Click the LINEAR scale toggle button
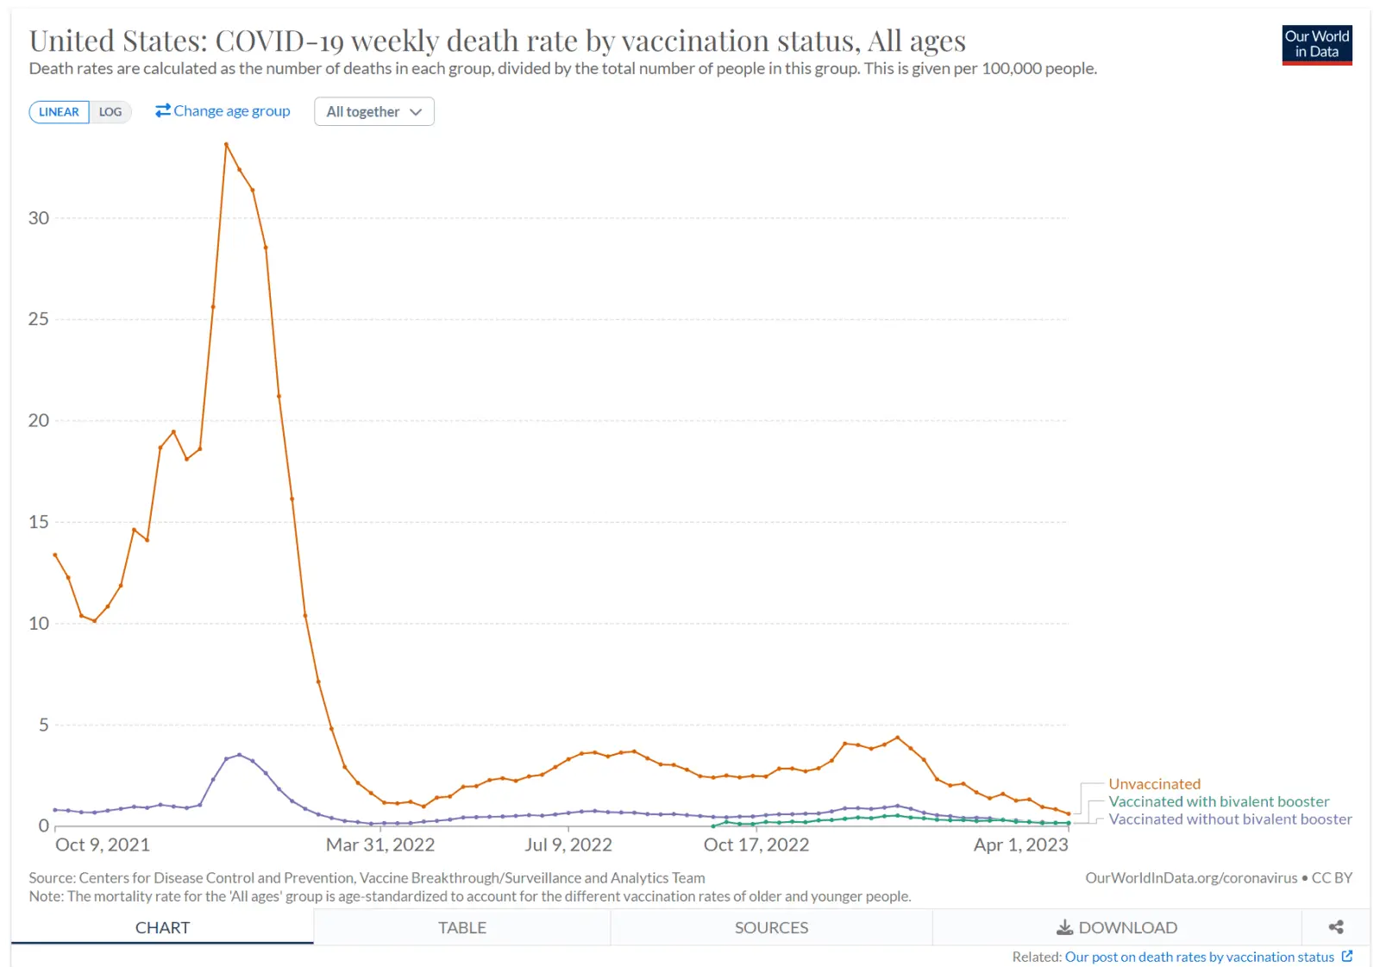pyautogui.click(x=59, y=112)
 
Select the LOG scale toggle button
pyautogui.click(x=110, y=112)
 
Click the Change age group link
pyautogui.click(x=223, y=111)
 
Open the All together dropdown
pyautogui.click(x=373, y=112)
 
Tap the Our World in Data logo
pyautogui.click(x=1316, y=44)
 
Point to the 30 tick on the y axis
pyautogui.click(x=39, y=218)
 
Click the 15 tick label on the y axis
pyautogui.click(x=39, y=522)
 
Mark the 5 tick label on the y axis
pyautogui.click(x=44, y=725)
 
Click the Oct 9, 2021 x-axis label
pyautogui.click(x=103, y=845)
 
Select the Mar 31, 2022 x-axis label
pyautogui.click(x=379, y=845)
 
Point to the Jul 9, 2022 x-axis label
pyautogui.click(x=568, y=845)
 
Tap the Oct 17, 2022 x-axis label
pyautogui.click(x=756, y=845)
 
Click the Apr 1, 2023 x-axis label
pyautogui.click(x=1020, y=845)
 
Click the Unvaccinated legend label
pyautogui.click(x=1154, y=784)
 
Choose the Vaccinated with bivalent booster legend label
pyautogui.click(x=1219, y=801)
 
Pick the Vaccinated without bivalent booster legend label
pyautogui.click(x=1230, y=819)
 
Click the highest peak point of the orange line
pyautogui.click(x=226, y=144)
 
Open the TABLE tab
pyautogui.click(x=462, y=927)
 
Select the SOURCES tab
pyautogui.click(x=771, y=927)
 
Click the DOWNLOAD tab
pyautogui.click(x=1117, y=927)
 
